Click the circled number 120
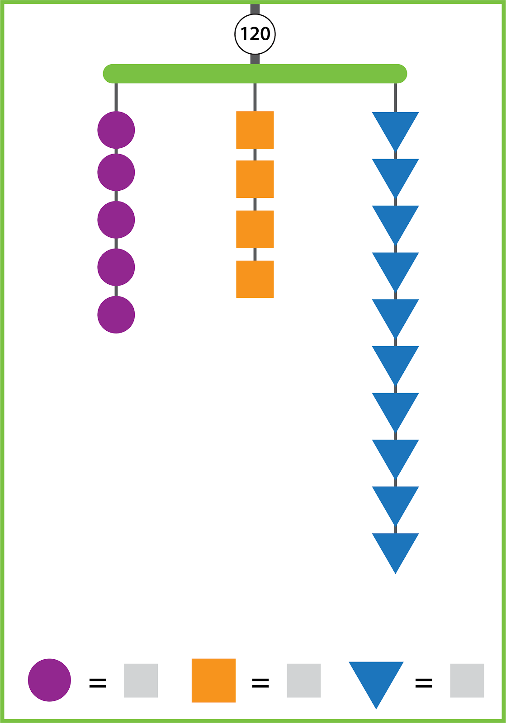[x=255, y=34]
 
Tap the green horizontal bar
[x=255, y=74]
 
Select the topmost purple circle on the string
[x=116, y=130]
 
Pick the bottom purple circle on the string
[x=116, y=315]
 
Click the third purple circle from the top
[x=116, y=220]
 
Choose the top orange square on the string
[x=255, y=130]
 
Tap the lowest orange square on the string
[x=255, y=279]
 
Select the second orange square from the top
[x=255, y=179]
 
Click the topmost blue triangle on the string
[x=396, y=127]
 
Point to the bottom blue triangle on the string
[x=396, y=548]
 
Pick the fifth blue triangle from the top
[x=396, y=314]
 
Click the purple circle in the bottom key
[x=50, y=680]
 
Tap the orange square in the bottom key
[x=213, y=681]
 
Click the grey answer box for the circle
[x=141, y=681]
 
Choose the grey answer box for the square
[x=304, y=681]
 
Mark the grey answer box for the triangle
[x=467, y=681]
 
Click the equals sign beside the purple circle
[x=98, y=683]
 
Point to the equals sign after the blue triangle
[x=424, y=683]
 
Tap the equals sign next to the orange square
[x=260, y=683]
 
